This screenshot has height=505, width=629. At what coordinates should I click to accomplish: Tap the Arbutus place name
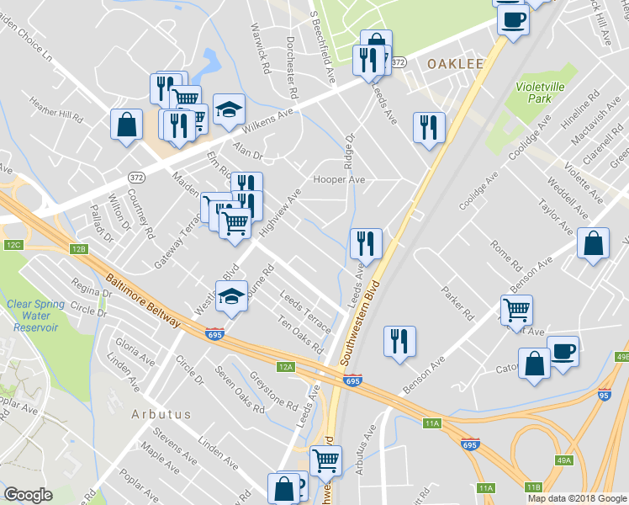click(x=161, y=414)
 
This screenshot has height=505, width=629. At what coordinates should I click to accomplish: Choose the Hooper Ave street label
click(x=339, y=179)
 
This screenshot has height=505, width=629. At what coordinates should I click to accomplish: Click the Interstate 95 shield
click(x=604, y=394)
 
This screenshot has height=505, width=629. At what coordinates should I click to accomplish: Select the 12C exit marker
click(x=13, y=245)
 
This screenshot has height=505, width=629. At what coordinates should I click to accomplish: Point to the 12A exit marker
click(x=287, y=367)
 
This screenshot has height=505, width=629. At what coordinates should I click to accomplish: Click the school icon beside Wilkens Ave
click(x=228, y=109)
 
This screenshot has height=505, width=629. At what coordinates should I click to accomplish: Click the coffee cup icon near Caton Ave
click(x=562, y=349)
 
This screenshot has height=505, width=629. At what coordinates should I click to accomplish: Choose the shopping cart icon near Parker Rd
click(x=516, y=309)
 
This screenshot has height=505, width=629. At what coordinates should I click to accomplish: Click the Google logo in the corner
click(x=28, y=495)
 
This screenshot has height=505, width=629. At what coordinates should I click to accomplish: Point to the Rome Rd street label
click(x=508, y=256)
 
